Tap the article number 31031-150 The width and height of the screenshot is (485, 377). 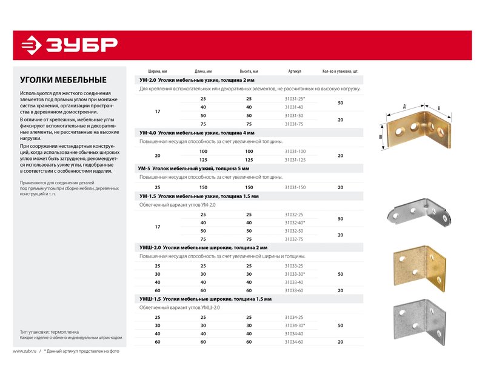(295, 188)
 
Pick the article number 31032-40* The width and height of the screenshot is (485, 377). (295, 223)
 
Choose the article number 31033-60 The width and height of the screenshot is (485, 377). (294, 290)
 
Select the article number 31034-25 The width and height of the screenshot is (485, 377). (294, 317)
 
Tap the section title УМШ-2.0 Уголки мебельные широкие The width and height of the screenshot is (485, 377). (203, 248)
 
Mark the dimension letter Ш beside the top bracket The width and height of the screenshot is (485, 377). (380, 136)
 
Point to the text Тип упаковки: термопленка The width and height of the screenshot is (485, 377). (49, 332)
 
